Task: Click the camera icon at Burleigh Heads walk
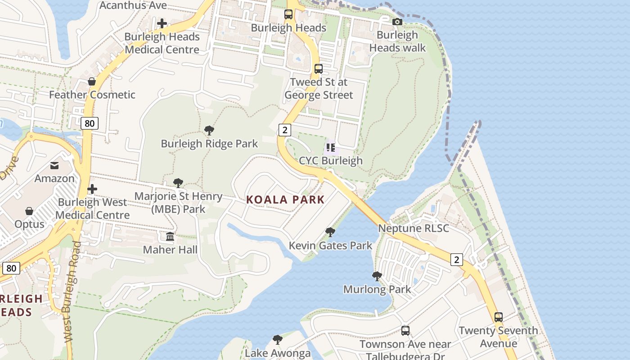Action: point(397,22)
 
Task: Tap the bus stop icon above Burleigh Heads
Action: point(288,14)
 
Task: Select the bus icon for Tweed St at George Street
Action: point(319,69)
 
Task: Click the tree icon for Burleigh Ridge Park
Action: point(209,130)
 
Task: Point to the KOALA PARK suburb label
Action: point(285,200)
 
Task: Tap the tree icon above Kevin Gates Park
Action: point(330,232)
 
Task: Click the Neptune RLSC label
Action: point(413,228)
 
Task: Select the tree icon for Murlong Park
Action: point(377,276)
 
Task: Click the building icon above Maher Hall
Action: point(170,236)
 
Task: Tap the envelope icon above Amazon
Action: point(54,166)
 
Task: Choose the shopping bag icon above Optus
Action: point(29,211)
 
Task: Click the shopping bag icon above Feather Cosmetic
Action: point(92,81)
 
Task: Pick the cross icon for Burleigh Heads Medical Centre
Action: point(162,23)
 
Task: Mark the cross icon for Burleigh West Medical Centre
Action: point(92,189)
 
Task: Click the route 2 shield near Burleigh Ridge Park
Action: point(284,130)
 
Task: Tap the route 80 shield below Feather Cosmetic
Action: point(90,123)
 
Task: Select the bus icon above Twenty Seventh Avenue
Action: point(499,317)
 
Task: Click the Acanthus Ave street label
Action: point(133,5)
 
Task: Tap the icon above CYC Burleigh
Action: point(331,147)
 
